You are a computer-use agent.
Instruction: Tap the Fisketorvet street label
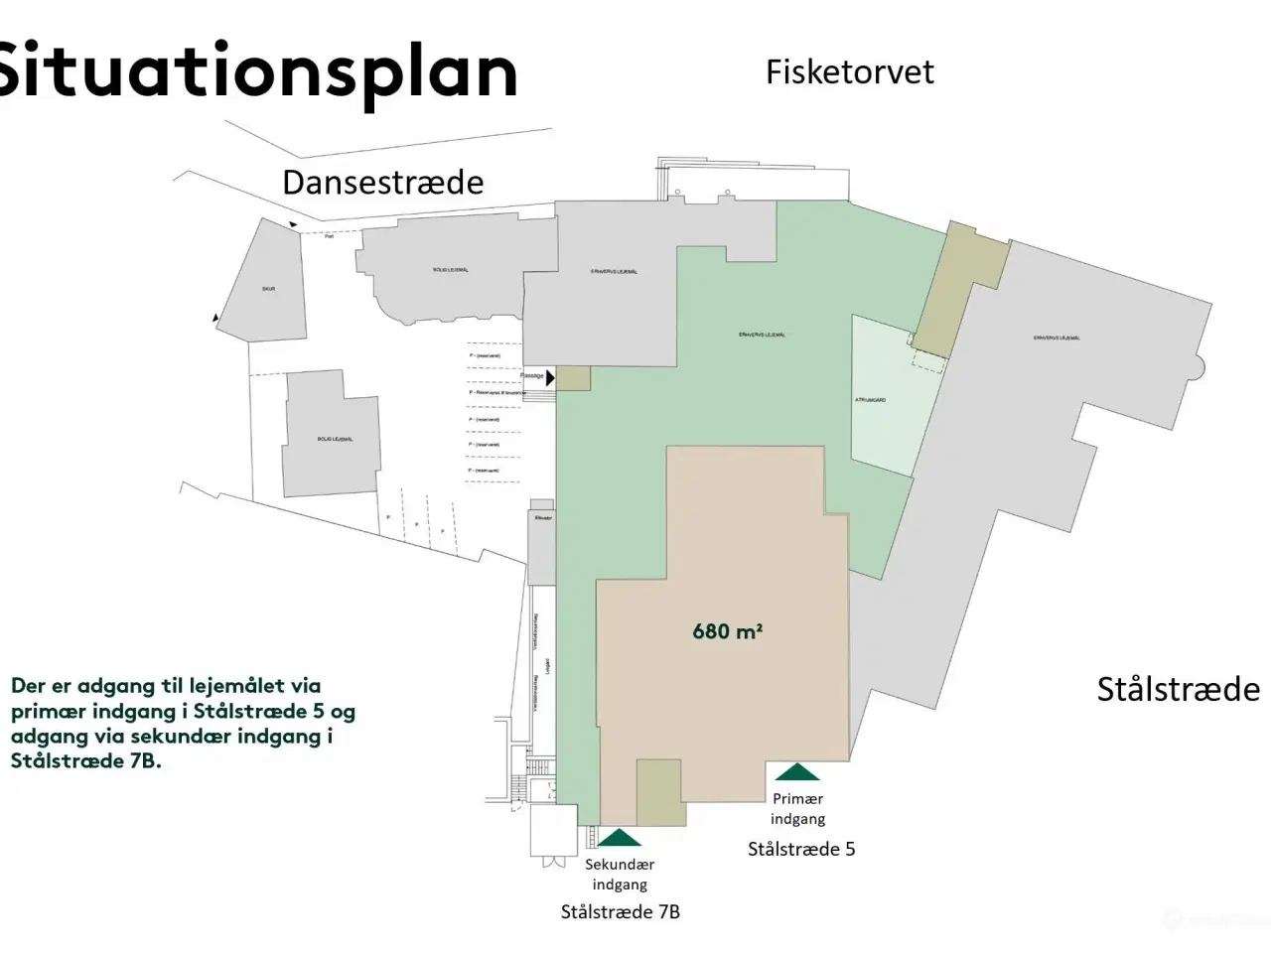[x=850, y=71]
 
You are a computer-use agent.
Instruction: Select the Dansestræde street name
[x=383, y=182]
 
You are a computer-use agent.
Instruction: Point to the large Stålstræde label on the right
[x=1178, y=689]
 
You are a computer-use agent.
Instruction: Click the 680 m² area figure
[x=727, y=630]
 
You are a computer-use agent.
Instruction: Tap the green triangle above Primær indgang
[x=797, y=772]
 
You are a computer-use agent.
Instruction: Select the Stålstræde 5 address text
[x=801, y=849]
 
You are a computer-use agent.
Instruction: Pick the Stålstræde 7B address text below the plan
[x=621, y=912]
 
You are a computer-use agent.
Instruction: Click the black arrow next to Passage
[x=550, y=377]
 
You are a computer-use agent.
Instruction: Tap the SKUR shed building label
[x=268, y=289]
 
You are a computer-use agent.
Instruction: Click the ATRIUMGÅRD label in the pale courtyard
[x=870, y=400]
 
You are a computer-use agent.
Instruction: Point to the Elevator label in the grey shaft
[x=542, y=518]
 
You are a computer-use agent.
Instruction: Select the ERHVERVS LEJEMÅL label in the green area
[x=762, y=335]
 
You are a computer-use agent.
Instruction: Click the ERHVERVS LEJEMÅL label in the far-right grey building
[x=1057, y=338]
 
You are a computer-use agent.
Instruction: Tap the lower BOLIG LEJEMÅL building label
[x=335, y=439]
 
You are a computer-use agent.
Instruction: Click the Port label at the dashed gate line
[x=329, y=236]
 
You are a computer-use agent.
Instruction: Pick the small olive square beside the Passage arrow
[x=573, y=377]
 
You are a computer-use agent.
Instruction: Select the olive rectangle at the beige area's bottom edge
[x=660, y=792]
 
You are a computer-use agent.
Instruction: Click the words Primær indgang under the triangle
[x=797, y=808]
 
